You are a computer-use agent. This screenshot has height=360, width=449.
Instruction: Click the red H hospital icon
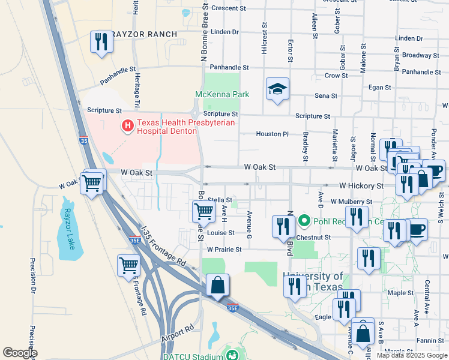tap(128, 126)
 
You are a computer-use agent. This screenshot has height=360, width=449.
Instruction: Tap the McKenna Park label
tap(221, 94)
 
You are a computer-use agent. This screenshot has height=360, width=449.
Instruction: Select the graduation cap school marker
tap(277, 90)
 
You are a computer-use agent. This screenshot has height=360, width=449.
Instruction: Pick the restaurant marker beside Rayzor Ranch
tap(101, 42)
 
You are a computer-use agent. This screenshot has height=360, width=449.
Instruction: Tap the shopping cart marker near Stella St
tap(203, 211)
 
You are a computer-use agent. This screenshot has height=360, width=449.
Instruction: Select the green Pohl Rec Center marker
tap(304, 221)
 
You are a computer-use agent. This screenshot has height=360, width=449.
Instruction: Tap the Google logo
tap(20, 353)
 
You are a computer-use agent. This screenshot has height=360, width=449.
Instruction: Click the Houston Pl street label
tap(273, 134)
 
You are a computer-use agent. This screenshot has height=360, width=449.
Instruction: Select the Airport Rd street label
tap(178, 334)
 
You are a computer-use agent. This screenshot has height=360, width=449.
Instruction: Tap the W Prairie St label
tap(224, 249)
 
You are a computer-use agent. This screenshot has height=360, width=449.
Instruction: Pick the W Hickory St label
tap(361, 186)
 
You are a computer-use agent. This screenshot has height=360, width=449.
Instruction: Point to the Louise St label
tap(220, 233)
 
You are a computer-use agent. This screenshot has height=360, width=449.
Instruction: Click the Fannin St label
tap(432, 341)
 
